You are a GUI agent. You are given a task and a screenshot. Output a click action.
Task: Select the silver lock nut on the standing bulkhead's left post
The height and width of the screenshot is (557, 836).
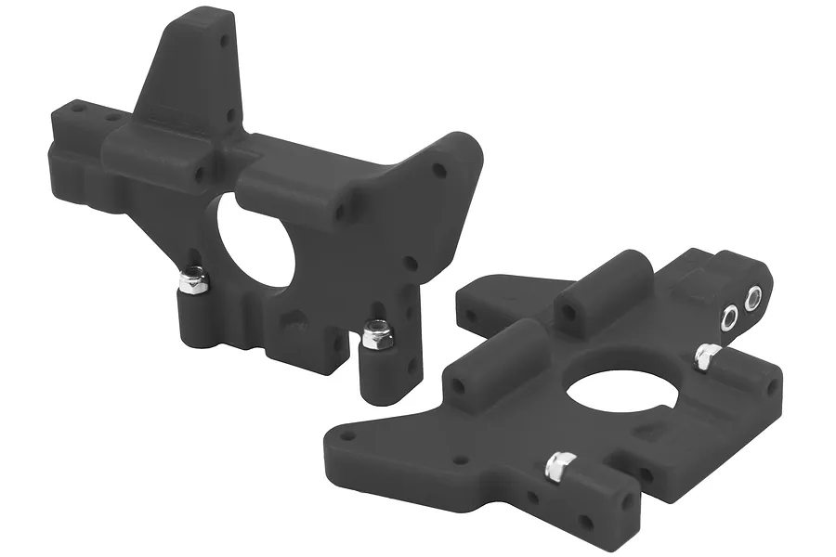tap(193, 279)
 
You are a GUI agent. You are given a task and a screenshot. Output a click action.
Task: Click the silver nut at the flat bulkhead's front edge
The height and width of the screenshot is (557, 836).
tap(559, 465)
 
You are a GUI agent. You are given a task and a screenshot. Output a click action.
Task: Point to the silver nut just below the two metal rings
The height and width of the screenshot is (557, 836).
tap(707, 356)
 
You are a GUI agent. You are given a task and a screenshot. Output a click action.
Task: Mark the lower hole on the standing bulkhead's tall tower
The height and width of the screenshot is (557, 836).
tap(231, 116)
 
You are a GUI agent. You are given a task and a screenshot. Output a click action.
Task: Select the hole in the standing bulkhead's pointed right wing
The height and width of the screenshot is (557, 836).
tap(439, 170)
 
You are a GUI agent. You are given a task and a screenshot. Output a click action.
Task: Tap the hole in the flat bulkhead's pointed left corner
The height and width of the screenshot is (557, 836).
tap(347, 434)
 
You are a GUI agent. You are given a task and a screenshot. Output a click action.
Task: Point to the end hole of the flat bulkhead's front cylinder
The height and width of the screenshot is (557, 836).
tap(459, 383)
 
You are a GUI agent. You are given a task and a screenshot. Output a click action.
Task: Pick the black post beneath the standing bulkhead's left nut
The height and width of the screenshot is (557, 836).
tap(193, 316)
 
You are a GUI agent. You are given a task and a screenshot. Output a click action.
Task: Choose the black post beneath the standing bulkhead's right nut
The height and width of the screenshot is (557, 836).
tap(376, 371)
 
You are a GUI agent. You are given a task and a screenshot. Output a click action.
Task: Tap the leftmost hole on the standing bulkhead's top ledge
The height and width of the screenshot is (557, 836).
tap(79, 109)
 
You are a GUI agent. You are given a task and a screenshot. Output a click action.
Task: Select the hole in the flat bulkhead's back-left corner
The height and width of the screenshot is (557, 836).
tap(473, 316)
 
